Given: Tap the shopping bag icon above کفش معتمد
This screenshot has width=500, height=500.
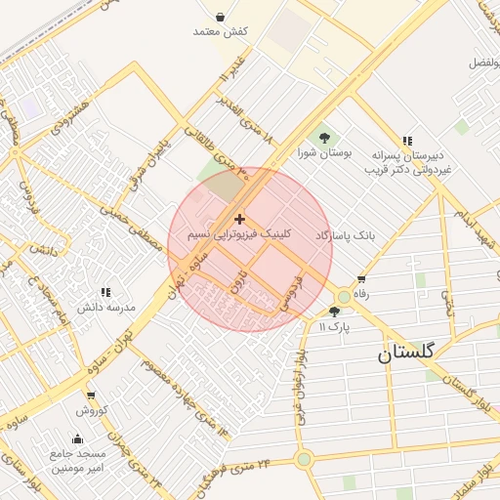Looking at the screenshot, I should [221, 17].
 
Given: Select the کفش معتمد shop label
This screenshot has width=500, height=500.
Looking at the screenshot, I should [221, 32].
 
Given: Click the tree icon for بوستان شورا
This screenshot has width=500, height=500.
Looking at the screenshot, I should [324, 137].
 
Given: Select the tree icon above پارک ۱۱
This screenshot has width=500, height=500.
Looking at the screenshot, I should [335, 312].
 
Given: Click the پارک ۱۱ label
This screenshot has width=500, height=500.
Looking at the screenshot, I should [336, 325].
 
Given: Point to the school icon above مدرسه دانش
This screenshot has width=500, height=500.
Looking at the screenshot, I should [105, 291].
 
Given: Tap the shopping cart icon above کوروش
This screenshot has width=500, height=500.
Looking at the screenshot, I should [91, 396].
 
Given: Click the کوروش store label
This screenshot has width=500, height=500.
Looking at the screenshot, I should [91, 410].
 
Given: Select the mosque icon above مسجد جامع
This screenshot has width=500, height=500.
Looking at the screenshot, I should [78, 437].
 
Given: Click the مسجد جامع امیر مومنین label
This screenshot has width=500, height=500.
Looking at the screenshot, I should [79, 461].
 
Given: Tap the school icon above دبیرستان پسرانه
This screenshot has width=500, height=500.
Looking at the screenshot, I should [407, 141].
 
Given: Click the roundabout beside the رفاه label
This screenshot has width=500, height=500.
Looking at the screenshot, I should [344, 297].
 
